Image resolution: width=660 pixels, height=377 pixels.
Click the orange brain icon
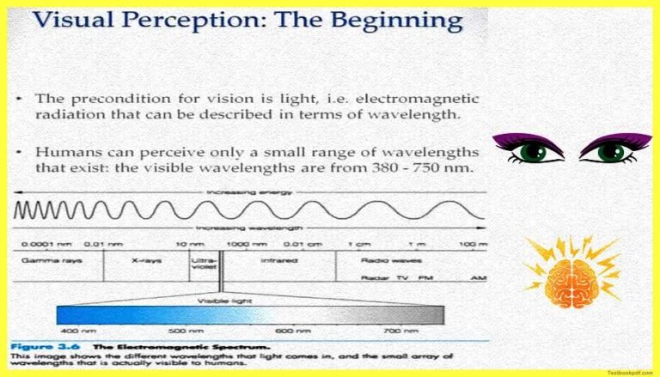(571, 273)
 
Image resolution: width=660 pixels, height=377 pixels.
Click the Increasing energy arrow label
(236, 191)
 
